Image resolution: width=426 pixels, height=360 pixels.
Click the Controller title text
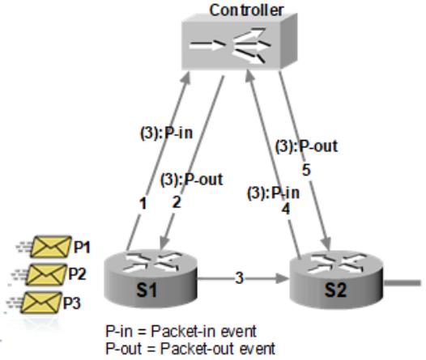tap(246, 11)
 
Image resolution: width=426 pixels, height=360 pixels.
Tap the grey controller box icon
tap(240, 42)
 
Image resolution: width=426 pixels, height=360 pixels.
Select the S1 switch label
tap(146, 290)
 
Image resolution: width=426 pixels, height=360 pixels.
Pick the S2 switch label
tap(336, 290)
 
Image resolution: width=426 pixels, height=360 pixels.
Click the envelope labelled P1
tap(51, 247)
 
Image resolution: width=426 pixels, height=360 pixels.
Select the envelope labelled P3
tap(41, 303)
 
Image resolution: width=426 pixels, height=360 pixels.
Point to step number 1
tap(143, 203)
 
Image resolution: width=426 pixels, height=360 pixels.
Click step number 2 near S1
tap(177, 202)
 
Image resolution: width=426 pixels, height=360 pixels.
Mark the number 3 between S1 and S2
tap(239, 278)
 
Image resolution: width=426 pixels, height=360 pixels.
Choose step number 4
tap(286, 209)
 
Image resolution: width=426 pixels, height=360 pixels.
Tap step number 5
tap(306, 170)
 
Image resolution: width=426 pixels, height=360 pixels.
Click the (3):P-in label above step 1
tap(166, 133)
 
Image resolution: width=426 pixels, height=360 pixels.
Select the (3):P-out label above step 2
tap(191, 180)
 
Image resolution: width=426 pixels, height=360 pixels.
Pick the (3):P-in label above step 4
tap(273, 193)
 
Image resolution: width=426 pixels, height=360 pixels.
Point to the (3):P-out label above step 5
tap(306, 146)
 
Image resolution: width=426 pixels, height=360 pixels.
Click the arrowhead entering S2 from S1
tap(283, 278)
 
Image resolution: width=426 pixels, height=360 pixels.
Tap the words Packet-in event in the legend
tap(204, 331)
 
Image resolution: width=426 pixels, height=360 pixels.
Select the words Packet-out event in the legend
tap(218, 349)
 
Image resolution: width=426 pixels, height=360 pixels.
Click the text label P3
tap(72, 303)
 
